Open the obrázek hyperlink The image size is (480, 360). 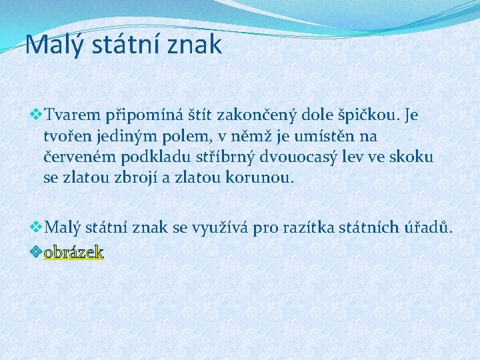pyautogui.click(x=73, y=252)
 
